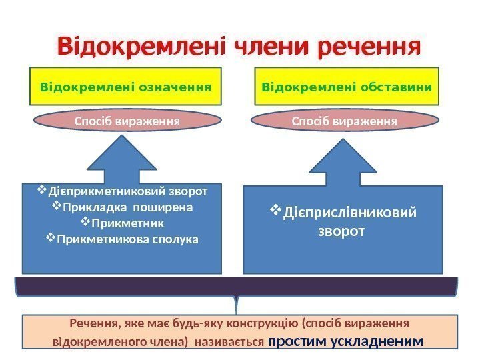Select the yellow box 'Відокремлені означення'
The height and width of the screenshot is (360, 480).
tap(125, 87)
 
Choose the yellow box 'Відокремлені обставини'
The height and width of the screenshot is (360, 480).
tap(347, 87)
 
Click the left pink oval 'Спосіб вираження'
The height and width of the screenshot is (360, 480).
tap(127, 121)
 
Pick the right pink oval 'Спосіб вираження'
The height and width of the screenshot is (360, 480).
tap(345, 121)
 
